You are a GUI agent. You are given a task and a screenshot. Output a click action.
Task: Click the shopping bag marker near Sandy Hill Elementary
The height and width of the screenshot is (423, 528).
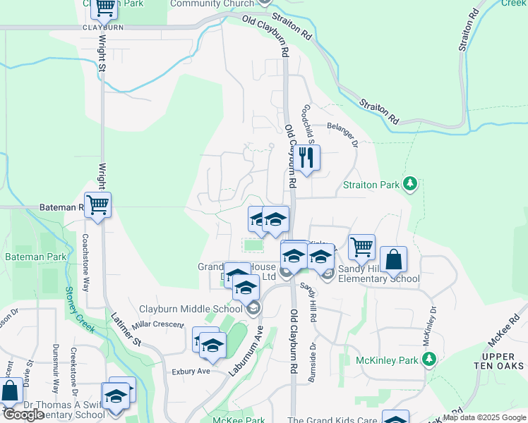393,259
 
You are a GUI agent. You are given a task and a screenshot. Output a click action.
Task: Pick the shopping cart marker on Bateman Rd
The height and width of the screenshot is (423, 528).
98,205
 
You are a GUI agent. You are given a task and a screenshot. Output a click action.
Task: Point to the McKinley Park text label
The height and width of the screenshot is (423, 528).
388,360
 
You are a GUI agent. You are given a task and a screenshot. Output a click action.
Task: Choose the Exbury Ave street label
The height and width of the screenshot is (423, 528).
191,371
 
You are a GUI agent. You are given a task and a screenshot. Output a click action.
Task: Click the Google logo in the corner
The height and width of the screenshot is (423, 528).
23,415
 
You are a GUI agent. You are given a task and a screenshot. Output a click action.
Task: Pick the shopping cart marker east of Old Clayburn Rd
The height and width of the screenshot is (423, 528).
361,247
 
